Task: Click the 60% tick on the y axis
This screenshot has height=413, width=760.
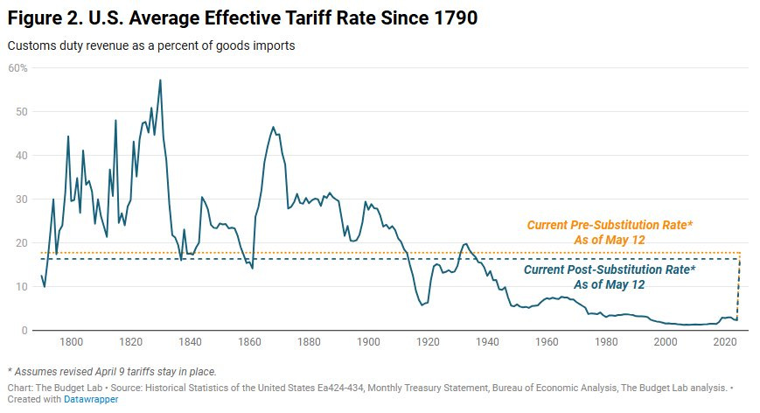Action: [17, 67]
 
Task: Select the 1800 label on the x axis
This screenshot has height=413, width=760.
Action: [72, 342]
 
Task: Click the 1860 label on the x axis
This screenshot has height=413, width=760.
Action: [220, 342]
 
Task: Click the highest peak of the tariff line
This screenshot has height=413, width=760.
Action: [160, 80]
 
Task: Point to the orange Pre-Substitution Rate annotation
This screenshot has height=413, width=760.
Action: [610, 232]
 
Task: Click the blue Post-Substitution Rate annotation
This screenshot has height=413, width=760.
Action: [610, 277]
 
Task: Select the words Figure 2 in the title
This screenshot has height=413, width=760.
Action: [43, 18]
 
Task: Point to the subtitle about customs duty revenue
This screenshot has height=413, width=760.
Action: [150, 45]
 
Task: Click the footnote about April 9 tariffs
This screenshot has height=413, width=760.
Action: [112, 371]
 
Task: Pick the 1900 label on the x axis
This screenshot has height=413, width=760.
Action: [368, 342]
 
